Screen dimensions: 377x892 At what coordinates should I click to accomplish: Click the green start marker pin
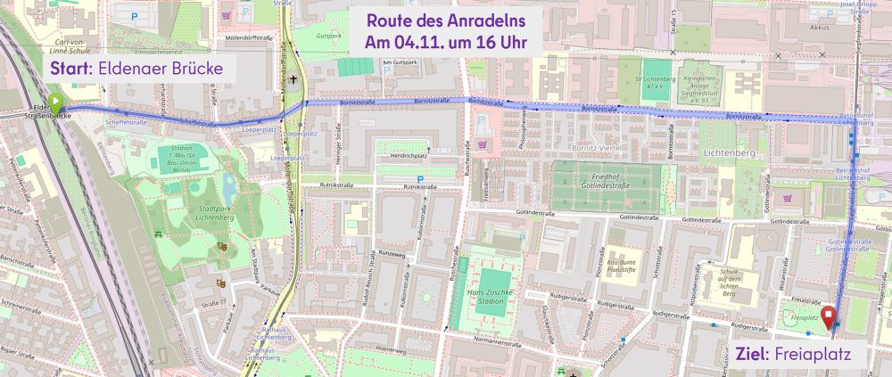pyautogui.click(x=55, y=103)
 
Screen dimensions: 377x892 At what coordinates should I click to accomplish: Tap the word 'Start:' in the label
pyautogui.click(x=69, y=69)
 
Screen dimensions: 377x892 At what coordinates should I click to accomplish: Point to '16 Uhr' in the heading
pyautogui.click(x=499, y=42)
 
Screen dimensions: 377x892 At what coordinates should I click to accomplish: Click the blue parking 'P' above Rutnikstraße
pyautogui.click(x=418, y=177)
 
